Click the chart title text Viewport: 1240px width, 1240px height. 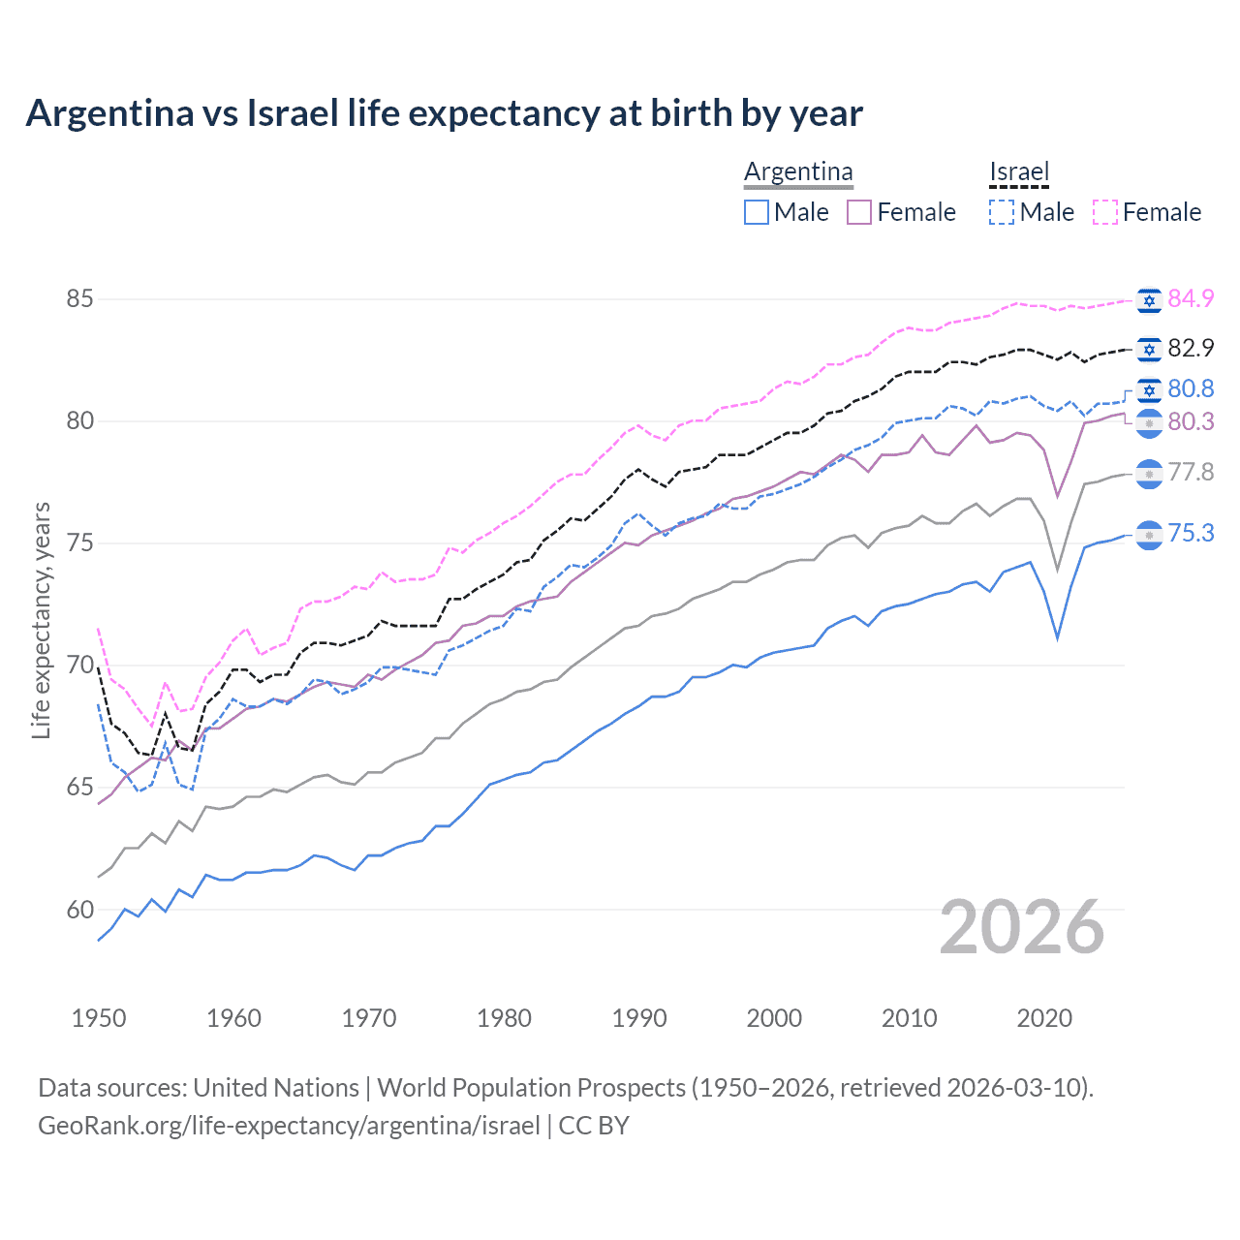444,113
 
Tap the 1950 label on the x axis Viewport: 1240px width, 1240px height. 99,1018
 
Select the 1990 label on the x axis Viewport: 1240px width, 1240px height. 639,1018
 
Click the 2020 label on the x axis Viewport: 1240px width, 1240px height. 1044,1018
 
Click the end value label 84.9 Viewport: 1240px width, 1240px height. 1191,298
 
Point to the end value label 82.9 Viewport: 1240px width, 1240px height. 1191,348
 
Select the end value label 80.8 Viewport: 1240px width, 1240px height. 1191,388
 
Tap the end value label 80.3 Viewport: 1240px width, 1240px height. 1191,421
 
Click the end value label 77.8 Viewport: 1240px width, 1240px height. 1191,472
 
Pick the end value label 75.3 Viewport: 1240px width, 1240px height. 1191,533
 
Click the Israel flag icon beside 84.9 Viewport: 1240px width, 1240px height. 1149,300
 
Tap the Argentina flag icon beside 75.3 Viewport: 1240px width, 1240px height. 1149,535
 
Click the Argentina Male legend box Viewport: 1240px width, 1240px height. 757,212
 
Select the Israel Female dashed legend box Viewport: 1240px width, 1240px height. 1105,212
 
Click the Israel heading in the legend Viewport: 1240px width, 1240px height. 1019,171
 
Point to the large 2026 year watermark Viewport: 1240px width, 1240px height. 1022,927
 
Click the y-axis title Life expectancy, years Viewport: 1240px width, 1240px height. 41,620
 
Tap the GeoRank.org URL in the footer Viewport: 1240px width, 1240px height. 289,1126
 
